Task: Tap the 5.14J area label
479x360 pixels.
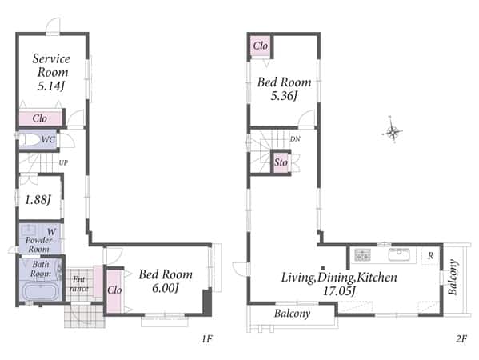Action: [x=51, y=86]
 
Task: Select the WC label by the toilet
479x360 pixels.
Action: [x=48, y=139]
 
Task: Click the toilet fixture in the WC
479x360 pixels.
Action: [x=30, y=140]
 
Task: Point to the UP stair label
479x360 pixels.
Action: [x=63, y=162]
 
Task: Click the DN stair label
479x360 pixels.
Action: [x=295, y=139]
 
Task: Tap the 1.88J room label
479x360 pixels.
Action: [x=38, y=200]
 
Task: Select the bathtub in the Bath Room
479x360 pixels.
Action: [x=40, y=292]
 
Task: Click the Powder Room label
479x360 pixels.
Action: [x=39, y=245]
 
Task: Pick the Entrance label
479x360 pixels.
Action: [x=79, y=284]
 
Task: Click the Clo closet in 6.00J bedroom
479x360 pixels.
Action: [x=114, y=290]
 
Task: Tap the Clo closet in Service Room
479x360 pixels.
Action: [x=41, y=118]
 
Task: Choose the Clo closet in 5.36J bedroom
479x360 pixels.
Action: [x=261, y=46]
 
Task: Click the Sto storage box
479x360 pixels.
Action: [x=281, y=162]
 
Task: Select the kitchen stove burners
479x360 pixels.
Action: [x=362, y=254]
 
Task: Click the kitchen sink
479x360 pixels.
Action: [x=399, y=254]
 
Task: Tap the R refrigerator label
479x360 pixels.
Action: [x=430, y=255]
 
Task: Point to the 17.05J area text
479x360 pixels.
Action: [x=339, y=291]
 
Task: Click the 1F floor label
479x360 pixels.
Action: [x=207, y=338]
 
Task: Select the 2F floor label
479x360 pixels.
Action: [x=461, y=338]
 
